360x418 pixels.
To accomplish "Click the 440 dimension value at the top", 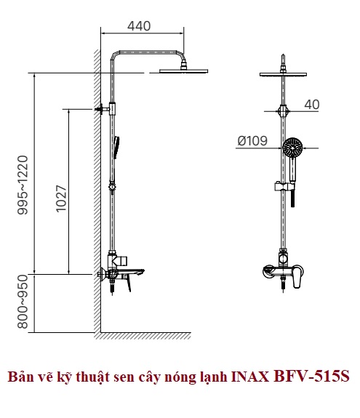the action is (x=139, y=26).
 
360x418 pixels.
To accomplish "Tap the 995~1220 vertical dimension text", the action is (x=23, y=185).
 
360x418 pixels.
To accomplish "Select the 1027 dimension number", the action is (x=61, y=198).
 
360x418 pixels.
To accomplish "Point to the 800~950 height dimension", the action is (x=23, y=302).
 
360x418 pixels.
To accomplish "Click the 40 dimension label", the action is (x=312, y=104).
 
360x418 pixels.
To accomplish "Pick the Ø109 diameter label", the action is (x=252, y=141).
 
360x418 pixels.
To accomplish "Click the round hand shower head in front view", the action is (x=292, y=148).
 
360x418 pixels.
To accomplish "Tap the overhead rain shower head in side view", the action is (x=183, y=71).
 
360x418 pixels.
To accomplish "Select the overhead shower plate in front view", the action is (x=283, y=75).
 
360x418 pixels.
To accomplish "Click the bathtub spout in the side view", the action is (x=130, y=273).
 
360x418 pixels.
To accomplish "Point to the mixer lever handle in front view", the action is (x=297, y=277).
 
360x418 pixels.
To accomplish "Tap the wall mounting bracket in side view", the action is (x=102, y=109).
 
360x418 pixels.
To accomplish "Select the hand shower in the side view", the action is (x=116, y=148).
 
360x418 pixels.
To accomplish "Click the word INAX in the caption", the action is (x=250, y=377).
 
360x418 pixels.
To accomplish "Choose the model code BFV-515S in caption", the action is (x=312, y=377).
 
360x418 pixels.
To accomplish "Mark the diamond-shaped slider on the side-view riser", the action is (x=112, y=187).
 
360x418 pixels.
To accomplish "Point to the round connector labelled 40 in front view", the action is (x=283, y=111).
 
